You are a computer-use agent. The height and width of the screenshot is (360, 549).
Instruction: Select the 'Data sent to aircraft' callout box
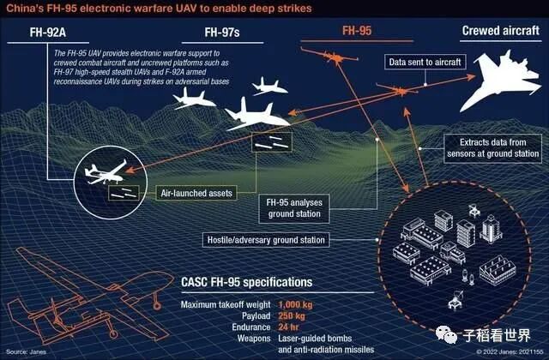[426, 63]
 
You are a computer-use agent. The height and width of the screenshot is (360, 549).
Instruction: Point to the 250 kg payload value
[294, 315]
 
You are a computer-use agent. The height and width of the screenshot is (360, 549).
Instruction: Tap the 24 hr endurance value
[291, 327]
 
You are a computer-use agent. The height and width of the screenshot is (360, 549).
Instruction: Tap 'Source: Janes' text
[24, 351]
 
